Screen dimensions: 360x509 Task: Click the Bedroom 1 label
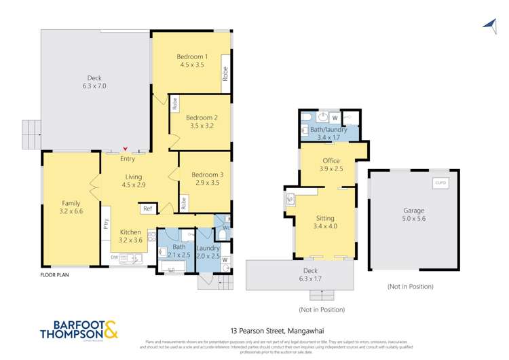coord(192,56)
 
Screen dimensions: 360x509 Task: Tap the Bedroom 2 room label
coord(202,117)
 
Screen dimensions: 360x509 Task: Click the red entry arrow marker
coord(124,151)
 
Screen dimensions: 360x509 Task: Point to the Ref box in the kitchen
coord(147,209)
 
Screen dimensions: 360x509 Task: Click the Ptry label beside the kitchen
coord(107,224)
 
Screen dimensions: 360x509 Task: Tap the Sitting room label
coord(325,218)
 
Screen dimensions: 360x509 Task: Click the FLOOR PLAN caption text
coord(54,275)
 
